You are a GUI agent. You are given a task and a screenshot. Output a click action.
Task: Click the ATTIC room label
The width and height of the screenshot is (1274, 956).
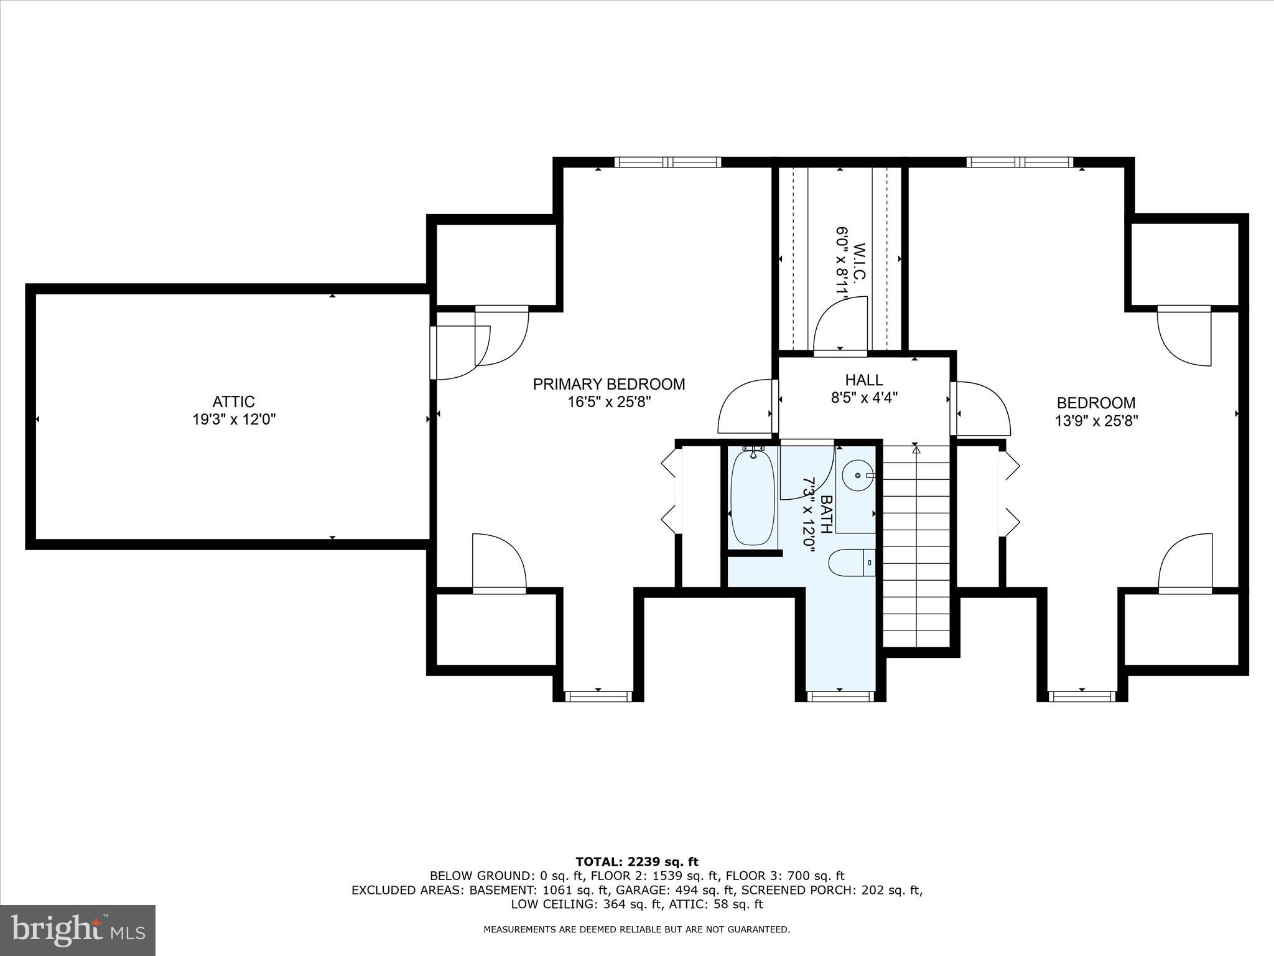tap(233, 401)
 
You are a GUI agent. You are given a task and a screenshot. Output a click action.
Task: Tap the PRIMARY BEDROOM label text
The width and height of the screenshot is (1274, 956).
tap(608, 384)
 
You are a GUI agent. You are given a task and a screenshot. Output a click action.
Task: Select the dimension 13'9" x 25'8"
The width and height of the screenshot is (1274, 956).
tap(1095, 421)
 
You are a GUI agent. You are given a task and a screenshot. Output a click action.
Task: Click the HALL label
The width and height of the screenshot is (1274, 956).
tap(863, 380)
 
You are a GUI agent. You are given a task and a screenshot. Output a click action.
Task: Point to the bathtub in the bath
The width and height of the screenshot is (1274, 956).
tap(753, 498)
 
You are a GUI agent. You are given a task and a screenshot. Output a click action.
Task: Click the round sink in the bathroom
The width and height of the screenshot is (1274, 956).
tap(857, 476)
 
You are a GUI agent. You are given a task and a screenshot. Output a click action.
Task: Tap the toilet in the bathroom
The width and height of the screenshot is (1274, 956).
tap(852, 563)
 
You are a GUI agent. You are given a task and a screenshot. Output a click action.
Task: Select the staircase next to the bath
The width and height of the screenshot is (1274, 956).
tap(916, 548)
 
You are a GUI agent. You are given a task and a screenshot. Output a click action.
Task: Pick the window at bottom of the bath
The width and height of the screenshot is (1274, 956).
tap(840, 696)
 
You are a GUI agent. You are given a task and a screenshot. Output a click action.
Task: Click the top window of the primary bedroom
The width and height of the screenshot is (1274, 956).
tap(667, 162)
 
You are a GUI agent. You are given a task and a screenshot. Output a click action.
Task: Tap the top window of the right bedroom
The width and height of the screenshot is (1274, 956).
tap(1020, 162)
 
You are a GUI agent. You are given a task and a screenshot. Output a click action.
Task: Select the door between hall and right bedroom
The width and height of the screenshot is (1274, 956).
tap(982, 408)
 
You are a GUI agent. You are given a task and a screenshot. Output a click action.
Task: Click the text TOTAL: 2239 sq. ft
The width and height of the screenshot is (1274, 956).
tap(636, 862)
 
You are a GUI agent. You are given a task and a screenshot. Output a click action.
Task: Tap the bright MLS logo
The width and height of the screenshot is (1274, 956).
tap(78, 930)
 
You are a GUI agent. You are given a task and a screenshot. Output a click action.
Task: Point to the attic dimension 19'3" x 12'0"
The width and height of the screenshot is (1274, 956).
tap(233, 419)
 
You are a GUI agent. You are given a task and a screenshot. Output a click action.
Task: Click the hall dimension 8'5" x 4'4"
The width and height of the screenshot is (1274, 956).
tap(864, 397)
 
